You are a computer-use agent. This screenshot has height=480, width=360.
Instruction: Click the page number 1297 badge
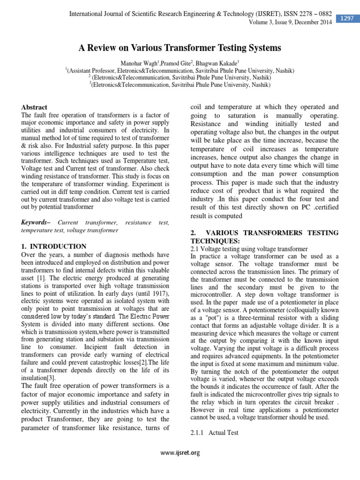(x=347, y=18)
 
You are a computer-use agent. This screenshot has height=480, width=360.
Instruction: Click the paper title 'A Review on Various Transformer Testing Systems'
(x=180, y=47)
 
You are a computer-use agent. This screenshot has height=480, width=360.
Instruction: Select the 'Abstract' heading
(x=35, y=107)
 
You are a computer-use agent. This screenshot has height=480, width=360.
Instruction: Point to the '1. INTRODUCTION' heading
(x=54, y=246)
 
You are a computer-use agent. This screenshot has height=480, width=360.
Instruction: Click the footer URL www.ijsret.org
(x=180, y=452)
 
